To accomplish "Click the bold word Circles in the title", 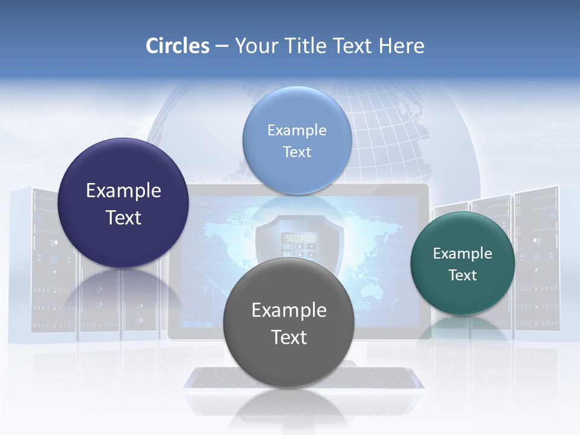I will (x=178, y=46).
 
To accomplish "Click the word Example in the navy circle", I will (x=123, y=191).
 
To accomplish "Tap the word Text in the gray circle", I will (x=289, y=337).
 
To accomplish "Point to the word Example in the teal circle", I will (x=463, y=254).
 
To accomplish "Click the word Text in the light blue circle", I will (x=297, y=152).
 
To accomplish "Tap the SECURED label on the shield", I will (x=300, y=239).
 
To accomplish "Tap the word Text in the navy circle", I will (x=123, y=217).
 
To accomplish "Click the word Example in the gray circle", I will (x=289, y=311).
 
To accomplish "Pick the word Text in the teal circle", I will (x=463, y=275).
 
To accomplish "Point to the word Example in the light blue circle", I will (x=297, y=130).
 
